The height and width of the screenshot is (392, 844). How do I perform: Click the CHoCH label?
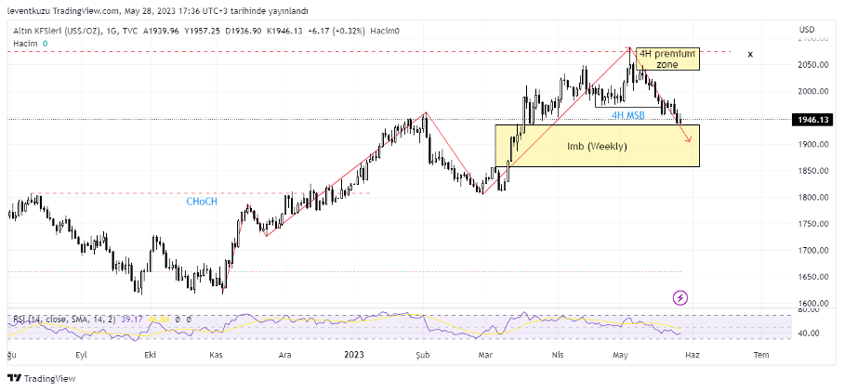[202, 201]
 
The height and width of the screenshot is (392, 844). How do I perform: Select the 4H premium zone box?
[666, 59]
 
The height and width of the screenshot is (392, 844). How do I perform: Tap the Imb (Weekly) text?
[597, 147]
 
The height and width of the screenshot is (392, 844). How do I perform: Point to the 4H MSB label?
[627, 115]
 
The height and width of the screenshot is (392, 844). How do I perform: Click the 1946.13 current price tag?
[811, 120]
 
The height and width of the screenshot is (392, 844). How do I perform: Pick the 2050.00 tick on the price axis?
[811, 65]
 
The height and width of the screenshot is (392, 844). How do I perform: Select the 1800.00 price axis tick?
[811, 198]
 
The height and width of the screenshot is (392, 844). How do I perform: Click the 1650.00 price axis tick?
[811, 278]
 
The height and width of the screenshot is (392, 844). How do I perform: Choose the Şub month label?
[423, 355]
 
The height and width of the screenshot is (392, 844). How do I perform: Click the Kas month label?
[216, 355]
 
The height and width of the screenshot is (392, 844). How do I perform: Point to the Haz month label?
[692, 355]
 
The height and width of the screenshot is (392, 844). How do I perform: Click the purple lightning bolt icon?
[680, 297]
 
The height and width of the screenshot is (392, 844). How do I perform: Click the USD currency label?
[806, 30]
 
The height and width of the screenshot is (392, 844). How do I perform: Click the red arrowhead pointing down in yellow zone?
[689, 139]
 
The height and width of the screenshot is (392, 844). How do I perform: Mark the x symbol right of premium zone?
[750, 55]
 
